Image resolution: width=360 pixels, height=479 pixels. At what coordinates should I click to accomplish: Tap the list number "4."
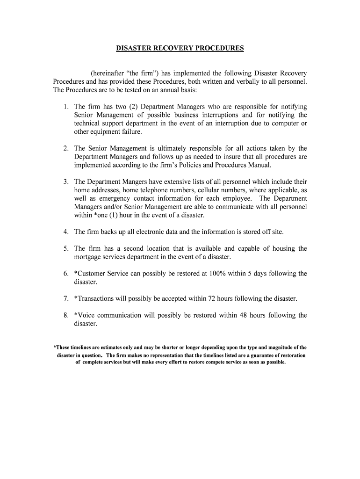pyautogui.click(x=66, y=232)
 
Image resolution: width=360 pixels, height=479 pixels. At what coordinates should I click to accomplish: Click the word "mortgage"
pyautogui.click(x=87, y=257)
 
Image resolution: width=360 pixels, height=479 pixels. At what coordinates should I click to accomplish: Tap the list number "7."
pyautogui.click(x=66, y=298)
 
